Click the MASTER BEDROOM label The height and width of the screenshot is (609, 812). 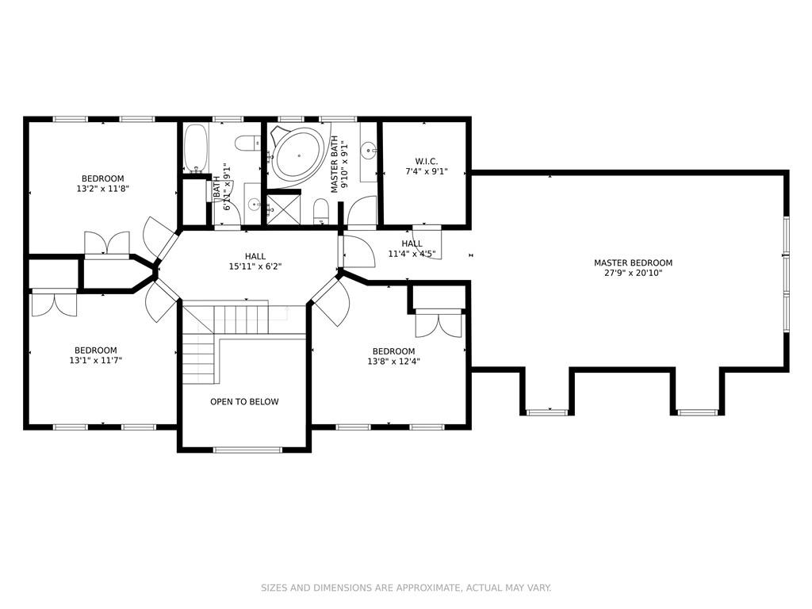pyautogui.click(x=633, y=262)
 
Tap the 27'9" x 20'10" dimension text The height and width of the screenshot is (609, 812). pyautogui.click(x=634, y=273)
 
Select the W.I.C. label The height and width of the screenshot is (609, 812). pyautogui.click(x=426, y=162)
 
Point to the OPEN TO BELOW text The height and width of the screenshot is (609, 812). pyautogui.click(x=244, y=401)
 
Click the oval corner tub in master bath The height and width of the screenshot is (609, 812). pyautogui.click(x=299, y=155)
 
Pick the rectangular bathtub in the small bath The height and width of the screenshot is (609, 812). pyautogui.click(x=196, y=147)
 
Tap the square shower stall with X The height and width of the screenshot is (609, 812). pyautogui.click(x=283, y=209)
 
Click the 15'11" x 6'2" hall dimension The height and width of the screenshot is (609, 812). pyautogui.click(x=255, y=266)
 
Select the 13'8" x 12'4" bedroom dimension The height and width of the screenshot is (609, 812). pyautogui.click(x=393, y=362)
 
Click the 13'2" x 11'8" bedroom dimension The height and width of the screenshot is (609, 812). pyautogui.click(x=102, y=189)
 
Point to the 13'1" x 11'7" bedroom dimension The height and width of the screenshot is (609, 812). pyautogui.click(x=95, y=361)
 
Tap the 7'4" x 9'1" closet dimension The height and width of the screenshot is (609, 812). pyautogui.click(x=426, y=171)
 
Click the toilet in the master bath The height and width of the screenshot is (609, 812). pyautogui.click(x=321, y=213)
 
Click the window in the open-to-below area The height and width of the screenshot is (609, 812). pyautogui.click(x=247, y=450)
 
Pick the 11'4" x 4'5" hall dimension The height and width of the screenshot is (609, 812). pyautogui.click(x=412, y=254)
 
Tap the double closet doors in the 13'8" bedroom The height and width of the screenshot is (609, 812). pyautogui.click(x=438, y=324)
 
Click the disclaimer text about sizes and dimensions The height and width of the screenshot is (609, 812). pyautogui.click(x=406, y=588)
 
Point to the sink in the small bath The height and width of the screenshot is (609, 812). pyautogui.click(x=254, y=205)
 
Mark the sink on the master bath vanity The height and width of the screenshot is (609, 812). pyautogui.click(x=369, y=151)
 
